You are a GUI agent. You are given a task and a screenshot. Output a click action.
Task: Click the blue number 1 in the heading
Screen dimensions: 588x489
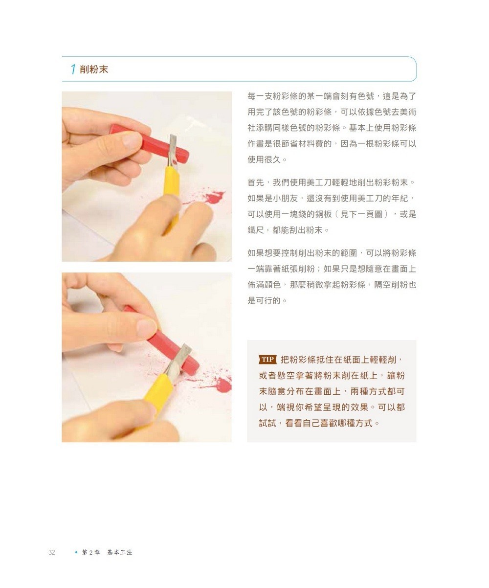pos(73,69)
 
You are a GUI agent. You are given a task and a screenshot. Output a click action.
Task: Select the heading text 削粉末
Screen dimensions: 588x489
pos(94,69)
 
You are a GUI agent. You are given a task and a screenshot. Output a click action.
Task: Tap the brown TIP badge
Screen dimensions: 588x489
pos(267,360)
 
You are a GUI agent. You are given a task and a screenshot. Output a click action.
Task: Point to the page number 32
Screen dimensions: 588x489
pos(52,552)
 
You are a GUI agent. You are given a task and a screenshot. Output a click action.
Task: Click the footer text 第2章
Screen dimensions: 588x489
pos(91,552)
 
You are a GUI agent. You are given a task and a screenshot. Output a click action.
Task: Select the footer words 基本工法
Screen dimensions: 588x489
pos(120,552)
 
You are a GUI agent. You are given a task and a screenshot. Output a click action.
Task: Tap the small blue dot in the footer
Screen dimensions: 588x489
pos(76,552)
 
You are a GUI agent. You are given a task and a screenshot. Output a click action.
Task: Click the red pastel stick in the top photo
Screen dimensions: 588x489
pos(147,141)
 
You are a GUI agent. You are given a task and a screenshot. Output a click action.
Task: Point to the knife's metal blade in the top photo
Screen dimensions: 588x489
pos(173,149)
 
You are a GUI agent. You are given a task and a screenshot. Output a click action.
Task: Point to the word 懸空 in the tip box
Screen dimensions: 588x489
pos(287,376)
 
